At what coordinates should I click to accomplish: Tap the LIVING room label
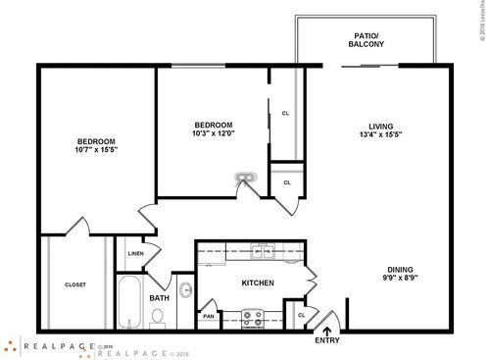point(380,126)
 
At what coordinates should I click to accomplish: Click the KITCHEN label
point(257,284)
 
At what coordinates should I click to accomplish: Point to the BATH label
point(159,298)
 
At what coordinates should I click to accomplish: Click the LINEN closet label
point(135,255)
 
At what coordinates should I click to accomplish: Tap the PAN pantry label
point(209,316)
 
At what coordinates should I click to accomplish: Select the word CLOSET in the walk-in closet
point(75,284)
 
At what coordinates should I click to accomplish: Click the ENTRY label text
point(327,342)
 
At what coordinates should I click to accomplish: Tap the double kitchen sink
point(262,252)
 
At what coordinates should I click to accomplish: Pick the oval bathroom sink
point(185,290)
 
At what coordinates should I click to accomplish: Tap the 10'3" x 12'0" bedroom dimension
point(213,134)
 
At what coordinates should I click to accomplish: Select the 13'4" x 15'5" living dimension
point(380,135)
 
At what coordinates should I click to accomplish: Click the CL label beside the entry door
point(302,315)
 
